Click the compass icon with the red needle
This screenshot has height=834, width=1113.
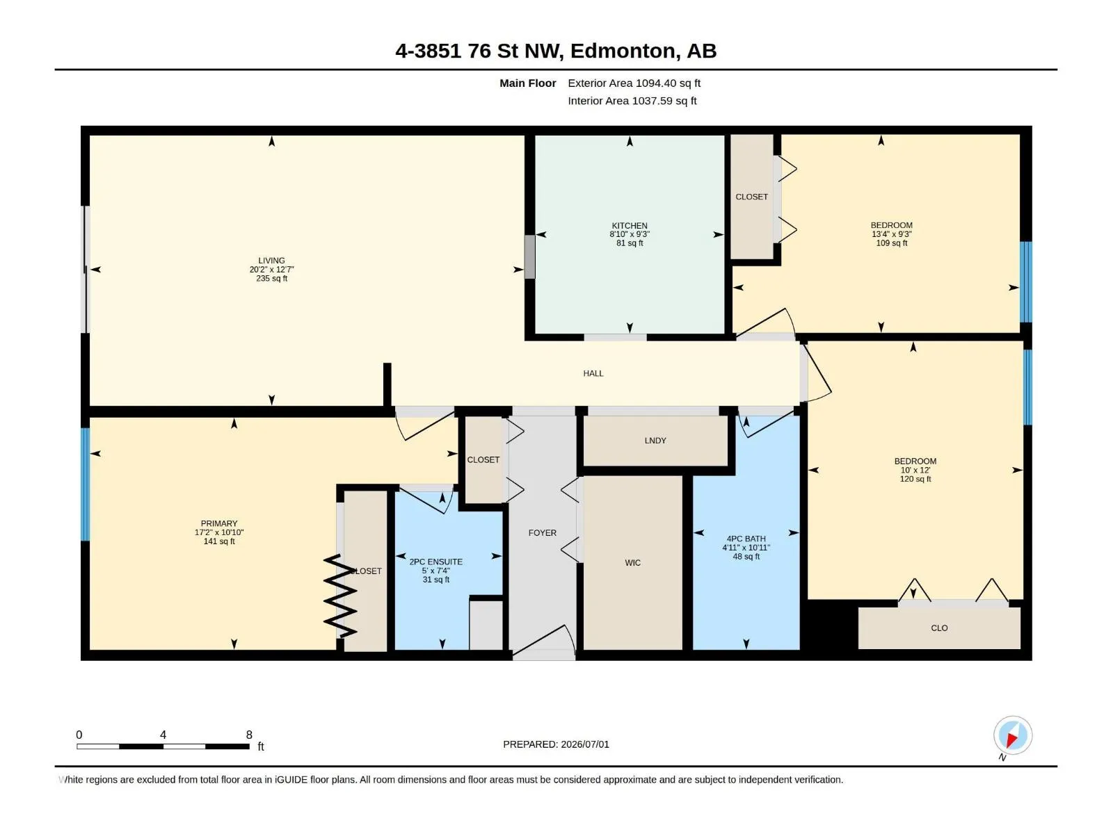coord(1012,735)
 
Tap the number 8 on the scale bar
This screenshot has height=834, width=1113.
coord(249,734)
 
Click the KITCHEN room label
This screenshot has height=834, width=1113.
coord(630,225)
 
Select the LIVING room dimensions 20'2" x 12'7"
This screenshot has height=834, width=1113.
coord(271,270)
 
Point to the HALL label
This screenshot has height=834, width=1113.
coord(593,373)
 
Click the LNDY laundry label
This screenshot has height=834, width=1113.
coord(655,441)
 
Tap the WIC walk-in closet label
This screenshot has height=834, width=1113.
coord(632,562)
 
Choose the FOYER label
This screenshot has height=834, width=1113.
coord(542,532)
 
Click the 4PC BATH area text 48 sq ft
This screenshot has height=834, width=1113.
coord(746,557)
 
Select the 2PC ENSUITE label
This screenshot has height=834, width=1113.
coord(435,562)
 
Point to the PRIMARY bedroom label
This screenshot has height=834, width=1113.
coord(219,523)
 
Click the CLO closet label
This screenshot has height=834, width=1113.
coord(939,628)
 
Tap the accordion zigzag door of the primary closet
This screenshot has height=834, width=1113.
coord(339,596)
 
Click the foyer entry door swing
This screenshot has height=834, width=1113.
coord(543,641)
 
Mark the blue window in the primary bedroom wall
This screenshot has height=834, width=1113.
coord(86,484)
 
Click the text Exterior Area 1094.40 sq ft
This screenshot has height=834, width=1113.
coord(634,83)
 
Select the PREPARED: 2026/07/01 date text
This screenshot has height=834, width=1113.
coord(556,744)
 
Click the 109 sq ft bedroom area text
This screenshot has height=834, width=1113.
coord(891,243)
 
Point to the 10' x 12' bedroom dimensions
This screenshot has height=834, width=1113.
coord(915,470)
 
